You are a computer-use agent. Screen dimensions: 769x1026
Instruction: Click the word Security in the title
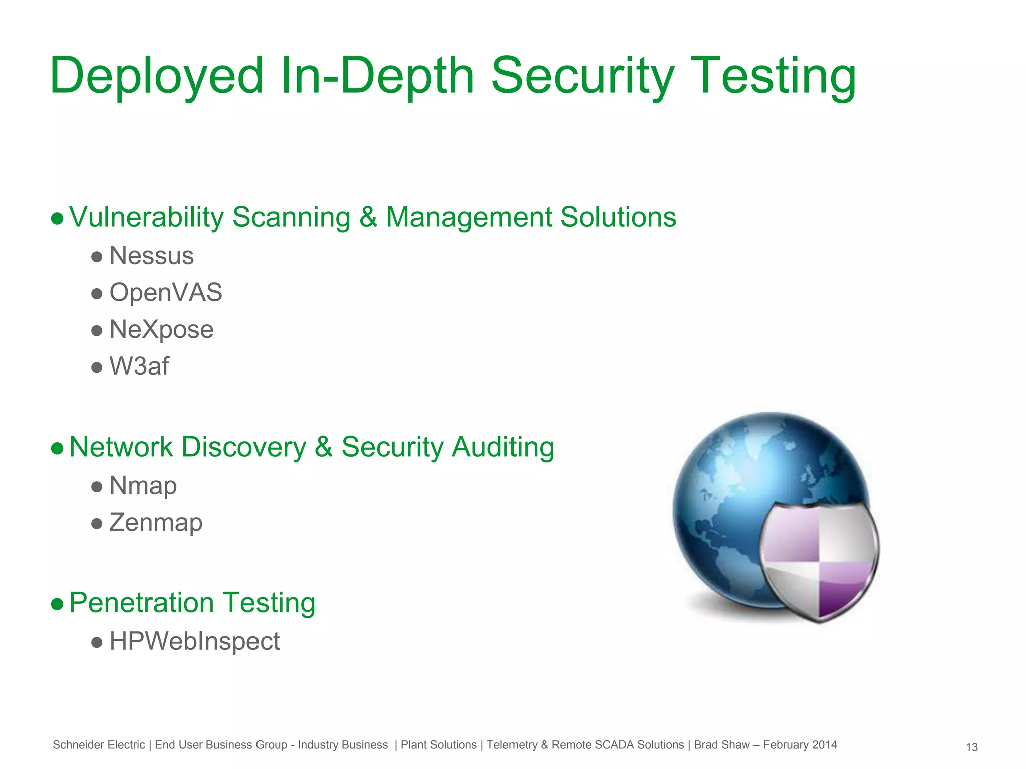(583, 76)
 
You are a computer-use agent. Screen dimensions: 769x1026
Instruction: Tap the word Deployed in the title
(156, 76)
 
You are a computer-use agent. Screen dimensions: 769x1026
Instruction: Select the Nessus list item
(151, 256)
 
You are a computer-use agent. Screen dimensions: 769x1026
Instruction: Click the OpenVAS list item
(165, 292)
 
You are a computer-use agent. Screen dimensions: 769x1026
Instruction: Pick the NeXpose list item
(161, 329)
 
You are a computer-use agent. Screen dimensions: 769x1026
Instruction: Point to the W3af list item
(139, 366)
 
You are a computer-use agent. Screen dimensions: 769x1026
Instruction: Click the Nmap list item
(143, 485)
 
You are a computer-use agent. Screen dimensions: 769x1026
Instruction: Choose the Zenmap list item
(155, 522)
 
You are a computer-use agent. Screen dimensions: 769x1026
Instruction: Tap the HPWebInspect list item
(194, 641)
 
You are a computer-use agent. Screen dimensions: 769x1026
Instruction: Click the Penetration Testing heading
(192, 602)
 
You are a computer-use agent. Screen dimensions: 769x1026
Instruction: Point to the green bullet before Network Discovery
(57, 448)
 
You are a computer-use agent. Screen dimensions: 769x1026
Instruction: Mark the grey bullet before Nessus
(97, 257)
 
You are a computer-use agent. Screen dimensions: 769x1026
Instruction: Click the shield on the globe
(819, 561)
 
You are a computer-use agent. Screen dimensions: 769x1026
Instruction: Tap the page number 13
(971, 747)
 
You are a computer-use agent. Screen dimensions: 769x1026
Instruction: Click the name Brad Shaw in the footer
(721, 745)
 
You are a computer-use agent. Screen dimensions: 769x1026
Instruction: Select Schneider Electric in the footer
(99, 745)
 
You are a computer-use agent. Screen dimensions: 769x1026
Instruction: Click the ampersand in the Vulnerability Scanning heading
(368, 217)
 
